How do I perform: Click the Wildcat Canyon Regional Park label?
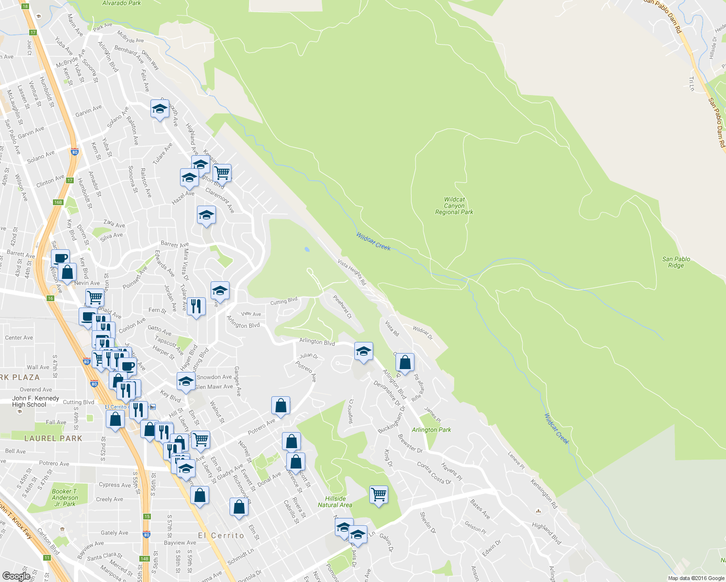click(x=454, y=206)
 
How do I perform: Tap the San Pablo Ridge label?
click(x=676, y=262)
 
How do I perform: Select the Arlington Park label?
click(x=431, y=430)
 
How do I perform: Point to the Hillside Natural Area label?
click(x=335, y=501)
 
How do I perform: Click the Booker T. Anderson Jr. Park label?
click(x=65, y=498)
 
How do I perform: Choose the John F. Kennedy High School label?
click(x=35, y=402)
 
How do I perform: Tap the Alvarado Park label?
click(x=121, y=3)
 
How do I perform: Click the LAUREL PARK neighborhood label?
click(x=53, y=438)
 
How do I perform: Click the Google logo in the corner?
click(x=16, y=576)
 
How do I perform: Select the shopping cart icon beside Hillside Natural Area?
click(x=379, y=495)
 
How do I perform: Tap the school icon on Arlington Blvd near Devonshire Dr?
click(x=363, y=352)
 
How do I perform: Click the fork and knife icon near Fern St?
click(x=196, y=307)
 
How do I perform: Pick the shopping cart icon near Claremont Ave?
click(x=222, y=172)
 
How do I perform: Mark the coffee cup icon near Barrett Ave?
click(x=60, y=258)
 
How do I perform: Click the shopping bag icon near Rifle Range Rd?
click(x=405, y=362)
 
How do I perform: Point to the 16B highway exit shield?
click(x=58, y=202)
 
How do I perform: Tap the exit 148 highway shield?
click(x=144, y=558)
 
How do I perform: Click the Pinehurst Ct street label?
click(x=342, y=307)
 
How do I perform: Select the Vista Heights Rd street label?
click(x=352, y=272)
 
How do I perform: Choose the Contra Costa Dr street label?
click(x=434, y=472)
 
